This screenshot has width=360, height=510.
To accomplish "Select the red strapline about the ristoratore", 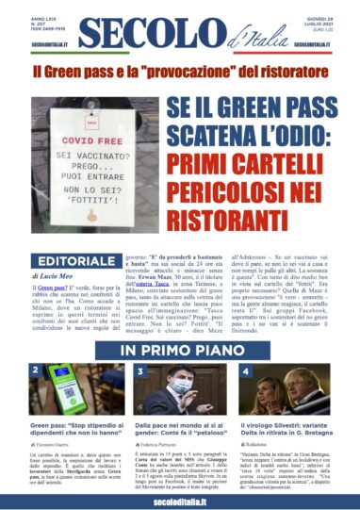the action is point(179,72).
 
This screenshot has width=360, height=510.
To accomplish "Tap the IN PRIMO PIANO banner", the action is point(180,350).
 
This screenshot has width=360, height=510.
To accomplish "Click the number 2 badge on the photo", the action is point(36,371).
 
